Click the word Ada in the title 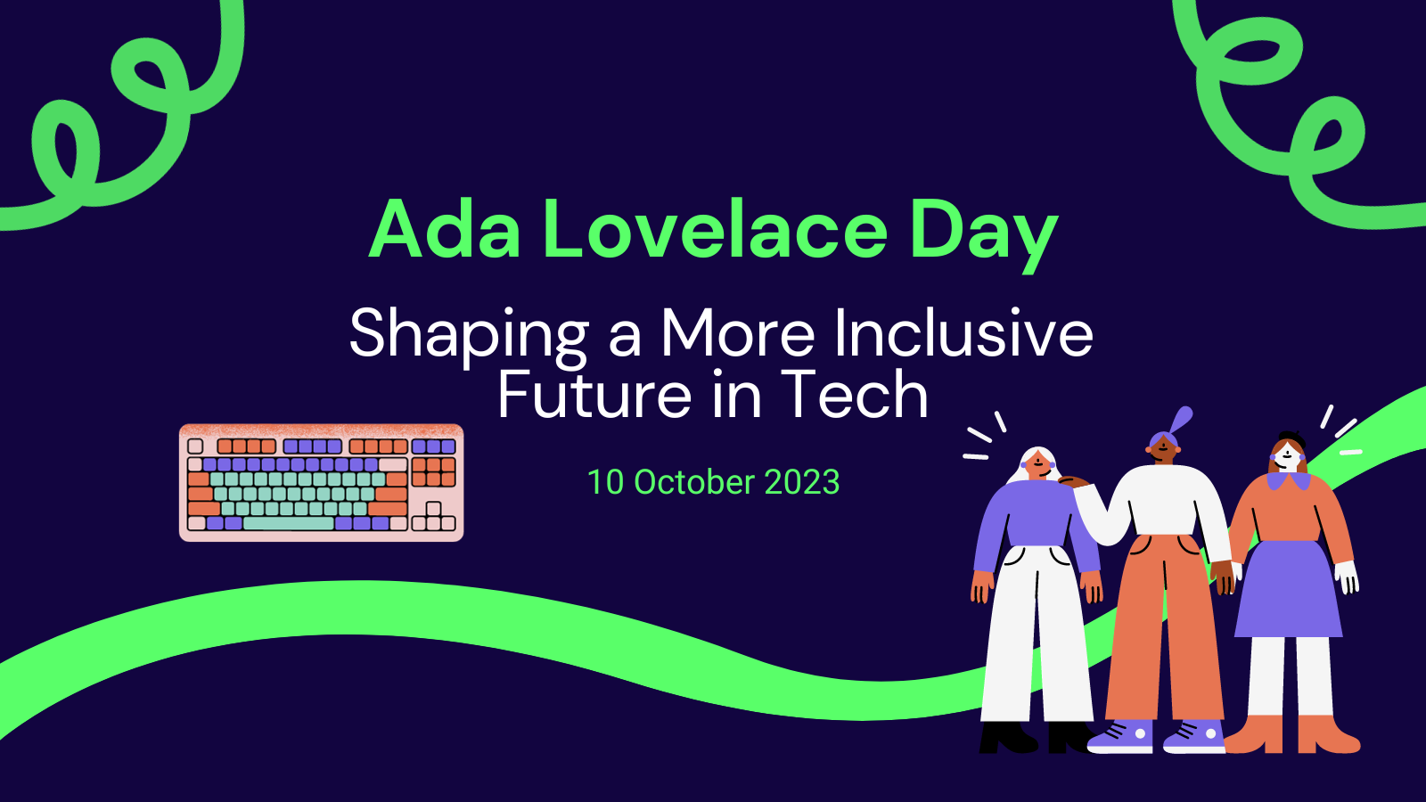[x=444, y=230]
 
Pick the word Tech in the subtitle [x=855, y=395]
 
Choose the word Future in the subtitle [x=594, y=395]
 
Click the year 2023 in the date [x=802, y=482]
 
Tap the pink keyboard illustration [x=321, y=482]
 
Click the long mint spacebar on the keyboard [x=288, y=524]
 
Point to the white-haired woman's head [x=1037, y=463]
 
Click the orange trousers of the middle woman [x=1163, y=624]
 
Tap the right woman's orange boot [x=1328, y=735]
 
